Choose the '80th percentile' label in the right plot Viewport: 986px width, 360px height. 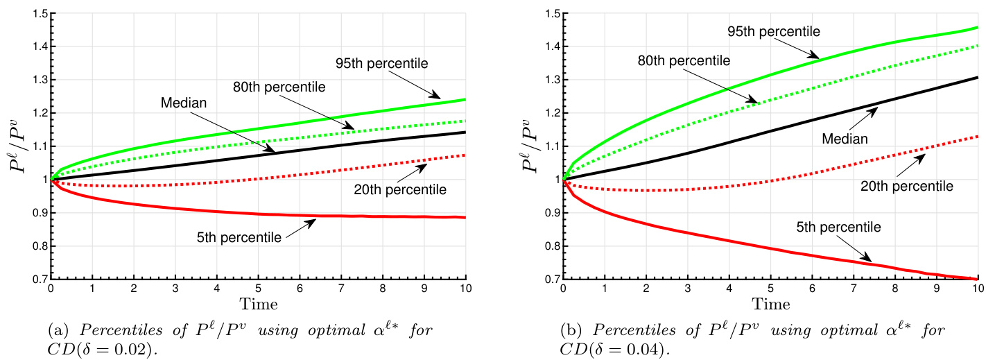point(684,60)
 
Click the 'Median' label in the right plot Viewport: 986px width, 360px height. point(845,139)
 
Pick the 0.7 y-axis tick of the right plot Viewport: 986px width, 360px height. point(552,280)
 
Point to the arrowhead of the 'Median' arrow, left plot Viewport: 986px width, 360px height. point(275,151)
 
